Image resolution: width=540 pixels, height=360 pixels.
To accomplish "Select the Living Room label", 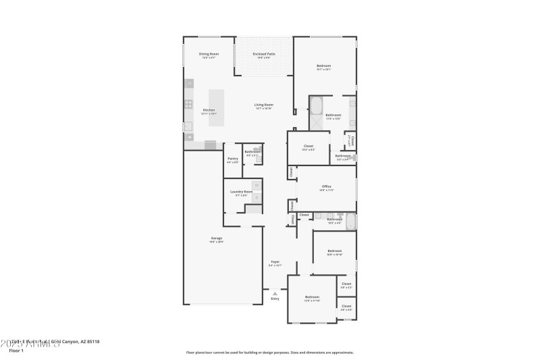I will pos(263,105).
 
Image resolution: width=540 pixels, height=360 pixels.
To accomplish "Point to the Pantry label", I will pos(232,159).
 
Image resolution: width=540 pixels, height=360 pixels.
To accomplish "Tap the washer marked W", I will pos(256,185).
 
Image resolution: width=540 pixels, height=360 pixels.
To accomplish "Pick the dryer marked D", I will pos(256,197).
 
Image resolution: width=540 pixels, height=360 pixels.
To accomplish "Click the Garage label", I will pos(217,238).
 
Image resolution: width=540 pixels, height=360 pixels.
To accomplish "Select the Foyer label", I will pos(275,262).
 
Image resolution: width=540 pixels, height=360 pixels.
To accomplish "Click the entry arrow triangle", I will pos(275,293).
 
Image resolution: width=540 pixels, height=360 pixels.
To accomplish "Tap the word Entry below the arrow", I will pos(275,299).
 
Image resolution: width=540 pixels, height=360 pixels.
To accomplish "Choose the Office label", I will pos(327,186).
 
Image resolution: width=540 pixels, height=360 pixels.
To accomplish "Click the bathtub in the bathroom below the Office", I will pos(351,222).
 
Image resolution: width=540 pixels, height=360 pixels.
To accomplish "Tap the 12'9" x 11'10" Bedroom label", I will pos(312,297).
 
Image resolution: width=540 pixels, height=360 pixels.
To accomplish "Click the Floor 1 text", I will pos(16,351).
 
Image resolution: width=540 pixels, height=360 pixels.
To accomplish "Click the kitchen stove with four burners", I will pos(189,105).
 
